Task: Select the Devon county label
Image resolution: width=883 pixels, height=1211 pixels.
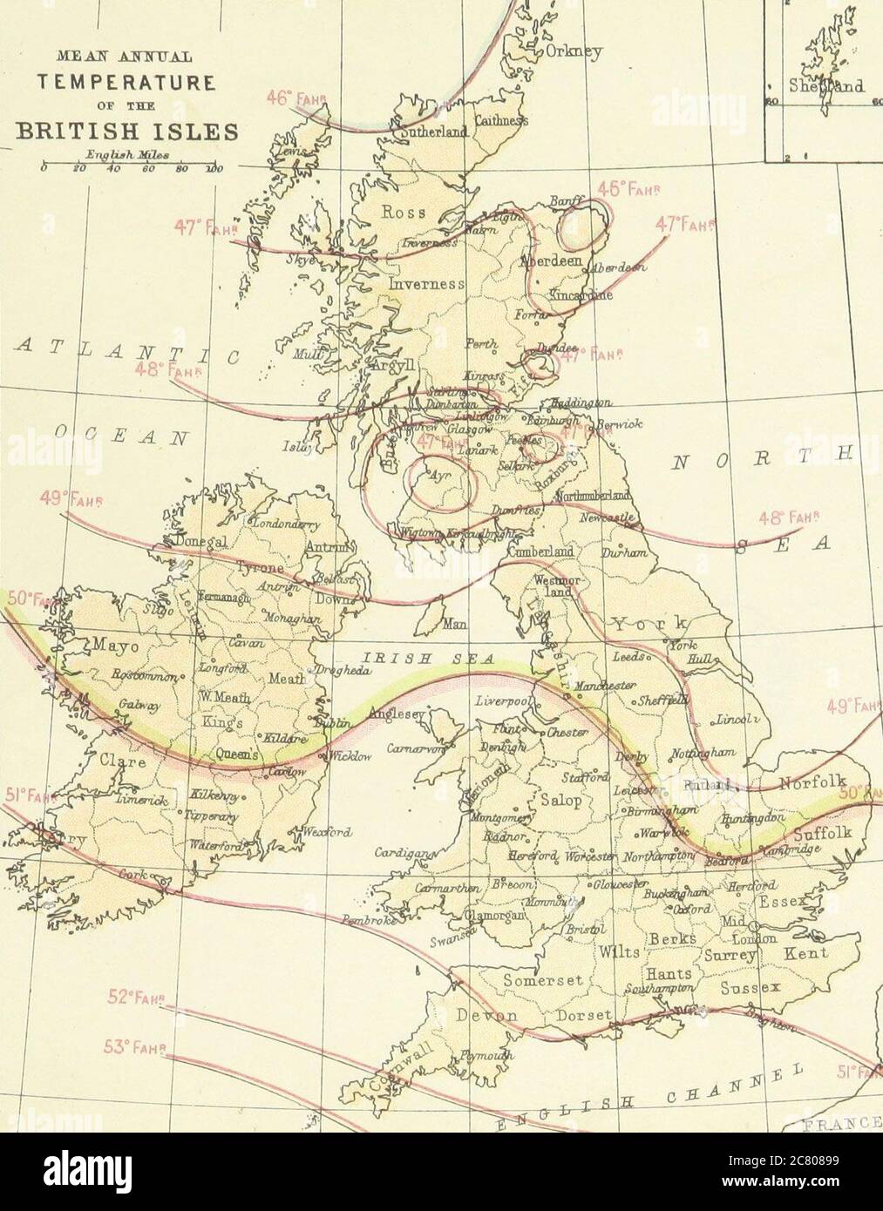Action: [485, 1017]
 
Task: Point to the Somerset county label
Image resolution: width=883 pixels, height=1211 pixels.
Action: [541, 980]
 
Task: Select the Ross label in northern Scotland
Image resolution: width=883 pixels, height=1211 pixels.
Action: [405, 212]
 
